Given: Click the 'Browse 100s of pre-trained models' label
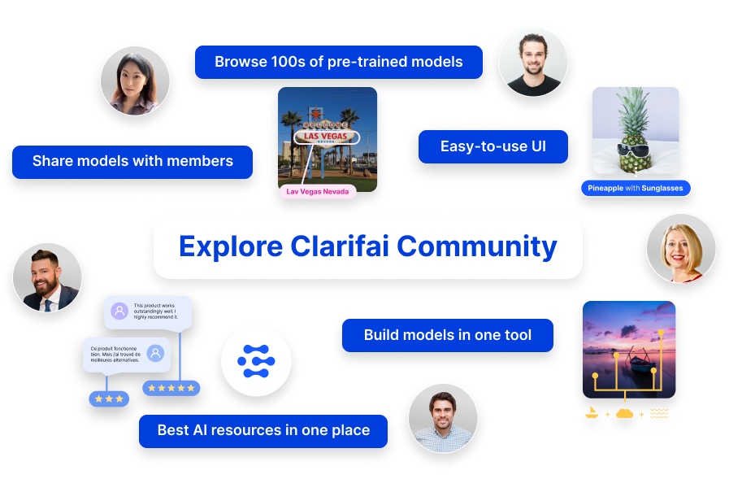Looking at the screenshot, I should [338, 62].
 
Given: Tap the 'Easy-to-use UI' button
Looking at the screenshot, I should [493, 146].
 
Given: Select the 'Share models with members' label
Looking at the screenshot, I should [132, 161].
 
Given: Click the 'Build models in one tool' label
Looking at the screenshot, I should [447, 335].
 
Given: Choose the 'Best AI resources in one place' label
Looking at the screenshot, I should [263, 430].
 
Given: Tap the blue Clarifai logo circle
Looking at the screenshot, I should [256, 361].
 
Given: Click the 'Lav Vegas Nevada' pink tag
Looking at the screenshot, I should [318, 192].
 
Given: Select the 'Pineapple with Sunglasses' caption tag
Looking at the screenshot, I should [636, 189].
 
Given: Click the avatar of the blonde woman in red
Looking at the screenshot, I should [681, 248].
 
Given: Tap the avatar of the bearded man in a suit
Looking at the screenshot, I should [47, 277].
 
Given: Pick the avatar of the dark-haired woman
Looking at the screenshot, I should [135, 80].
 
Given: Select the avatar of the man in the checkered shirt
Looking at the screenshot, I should [442, 418].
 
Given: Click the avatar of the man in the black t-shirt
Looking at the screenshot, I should [532, 62].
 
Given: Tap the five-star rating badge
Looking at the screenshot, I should [171, 388].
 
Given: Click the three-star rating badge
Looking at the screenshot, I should [108, 399].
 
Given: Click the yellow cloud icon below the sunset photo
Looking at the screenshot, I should [625, 413].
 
